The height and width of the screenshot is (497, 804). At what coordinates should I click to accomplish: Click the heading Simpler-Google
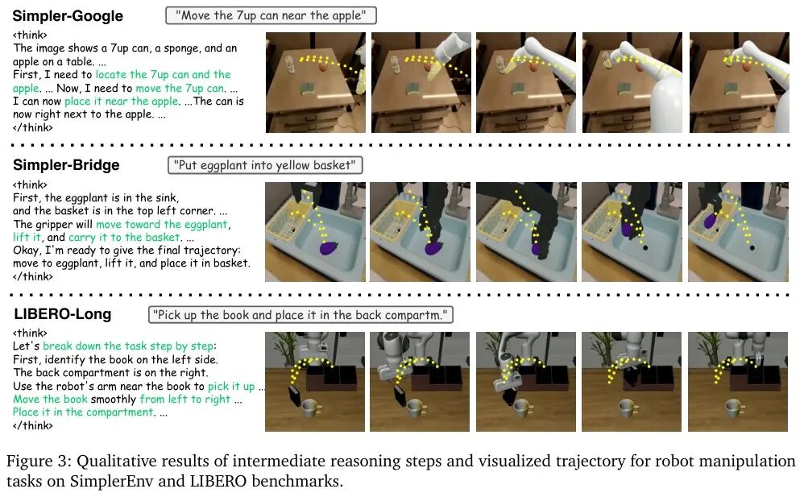(68, 16)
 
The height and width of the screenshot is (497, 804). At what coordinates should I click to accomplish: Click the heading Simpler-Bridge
(66, 164)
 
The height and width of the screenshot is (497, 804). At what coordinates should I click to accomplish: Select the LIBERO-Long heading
(63, 314)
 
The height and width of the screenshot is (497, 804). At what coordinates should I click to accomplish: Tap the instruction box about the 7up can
(271, 15)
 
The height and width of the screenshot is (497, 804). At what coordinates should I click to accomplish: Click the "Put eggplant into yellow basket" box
(264, 165)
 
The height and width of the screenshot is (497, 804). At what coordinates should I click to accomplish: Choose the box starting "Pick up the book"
(300, 314)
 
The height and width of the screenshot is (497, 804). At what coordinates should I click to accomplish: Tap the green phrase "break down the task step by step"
(128, 346)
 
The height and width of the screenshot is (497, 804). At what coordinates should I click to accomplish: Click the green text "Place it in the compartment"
(83, 412)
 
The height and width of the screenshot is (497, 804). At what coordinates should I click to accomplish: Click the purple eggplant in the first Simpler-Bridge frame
(329, 249)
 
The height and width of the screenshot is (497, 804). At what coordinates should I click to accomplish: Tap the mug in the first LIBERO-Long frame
(310, 408)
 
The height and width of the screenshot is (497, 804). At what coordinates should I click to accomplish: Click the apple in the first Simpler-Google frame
(324, 66)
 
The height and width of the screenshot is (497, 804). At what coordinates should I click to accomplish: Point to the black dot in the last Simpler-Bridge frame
(752, 248)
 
